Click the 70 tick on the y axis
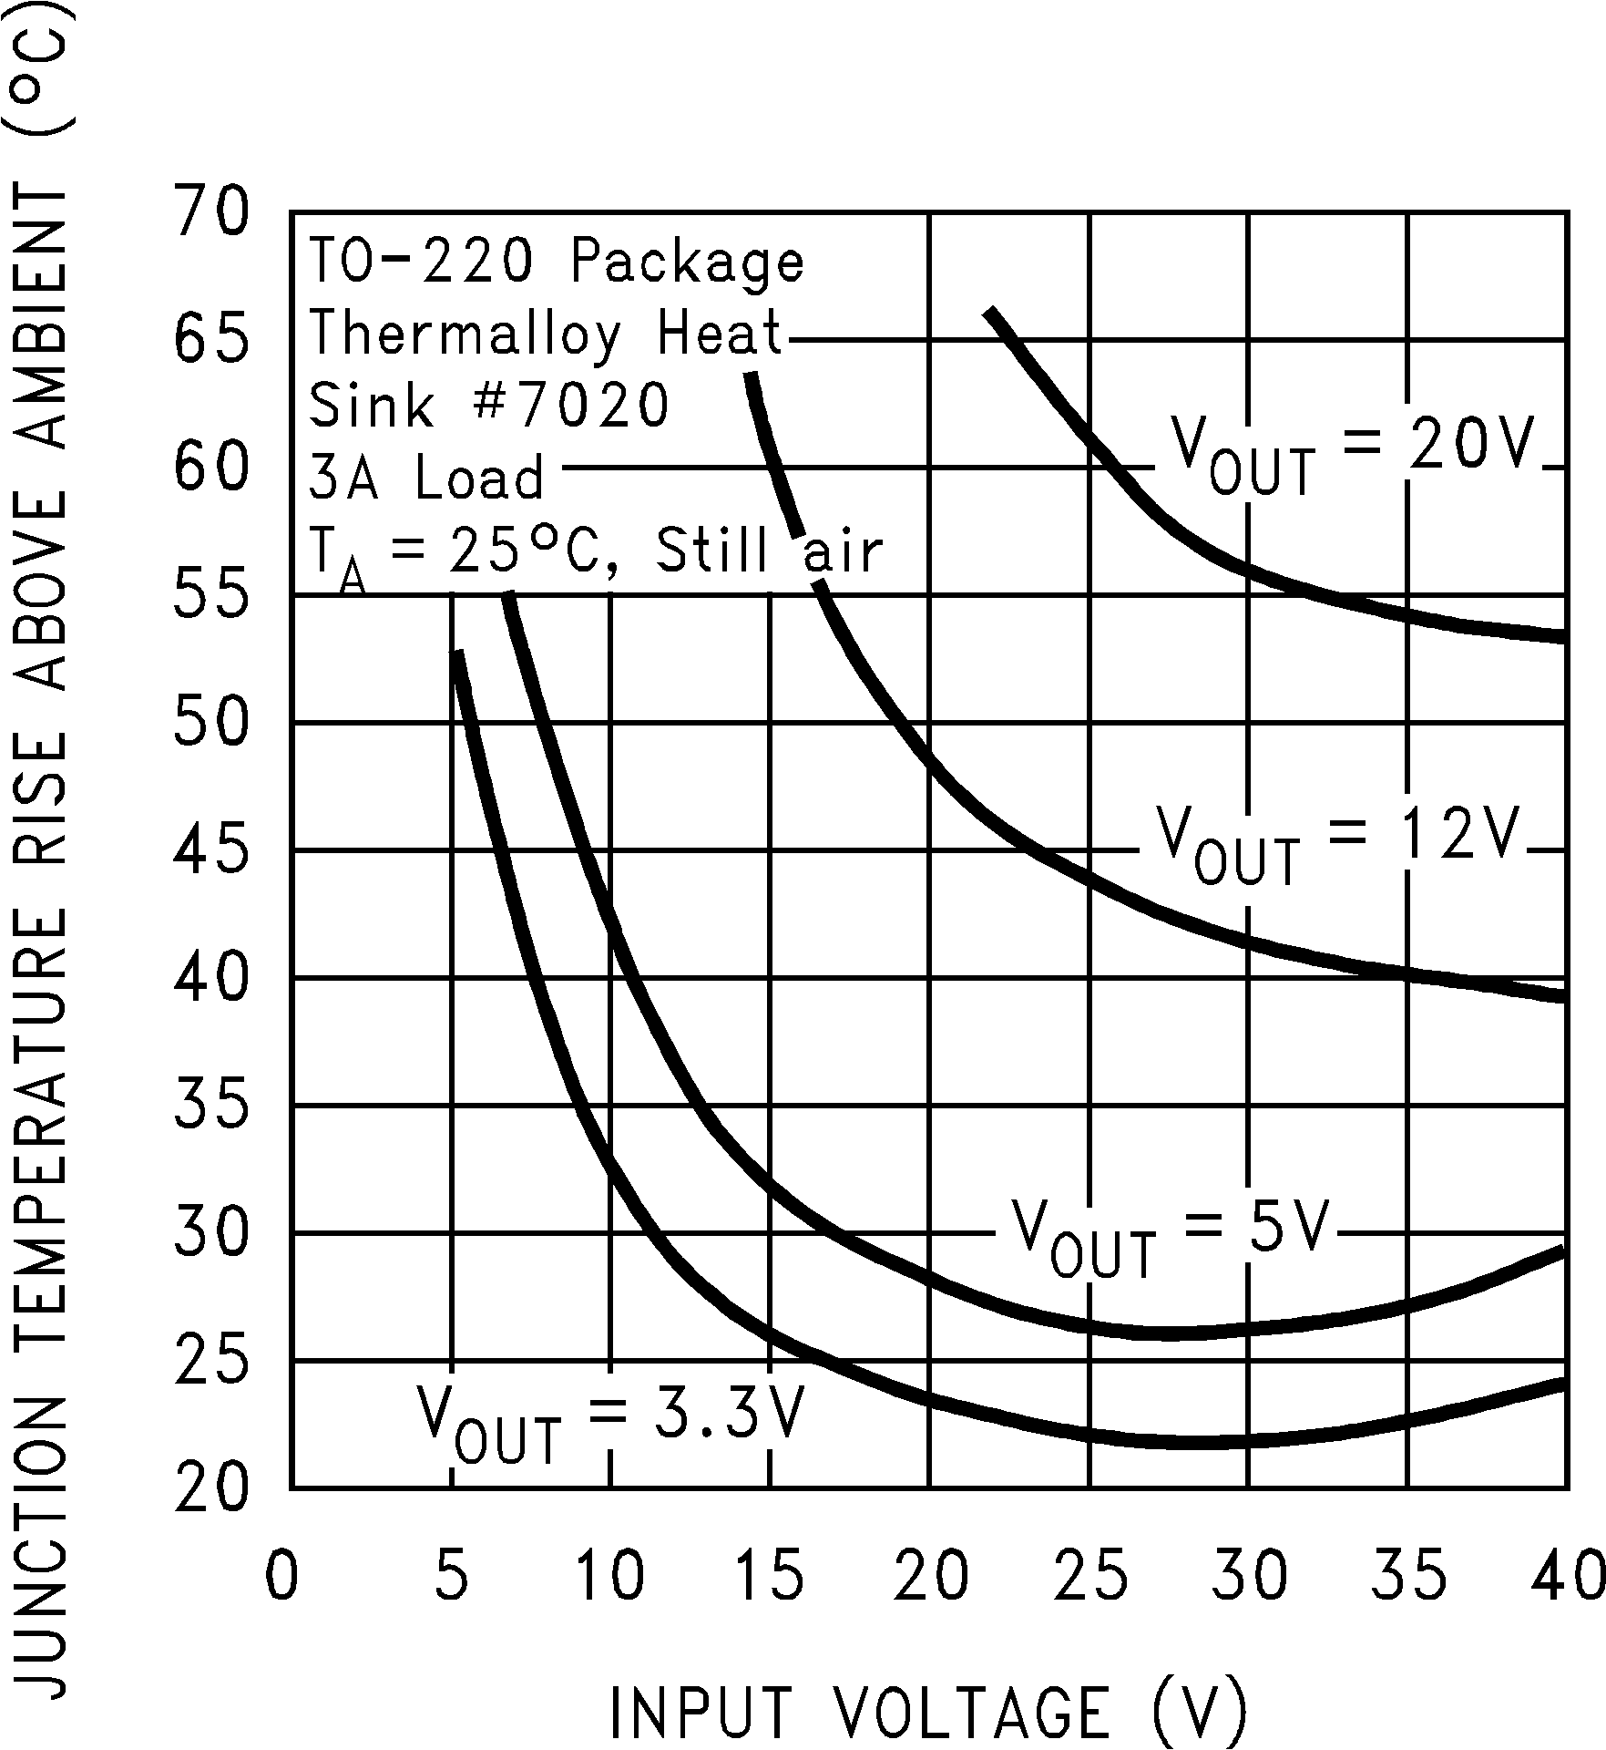pos(210,212)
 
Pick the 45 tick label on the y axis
pos(210,850)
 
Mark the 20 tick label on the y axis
pos(210,1488)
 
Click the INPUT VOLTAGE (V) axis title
pos(926,1711)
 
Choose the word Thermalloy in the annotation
pos(464,333)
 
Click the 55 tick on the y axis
pos(210,595)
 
